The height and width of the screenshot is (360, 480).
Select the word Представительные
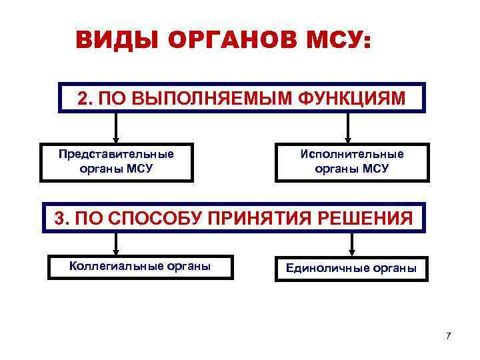click(116, 154)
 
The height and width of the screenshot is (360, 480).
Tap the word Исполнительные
click(351, 154)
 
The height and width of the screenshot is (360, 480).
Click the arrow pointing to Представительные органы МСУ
click(117, 127)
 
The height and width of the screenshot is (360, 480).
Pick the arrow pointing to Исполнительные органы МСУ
click(347, 127)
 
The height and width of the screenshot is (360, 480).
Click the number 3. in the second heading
click(61, 217)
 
